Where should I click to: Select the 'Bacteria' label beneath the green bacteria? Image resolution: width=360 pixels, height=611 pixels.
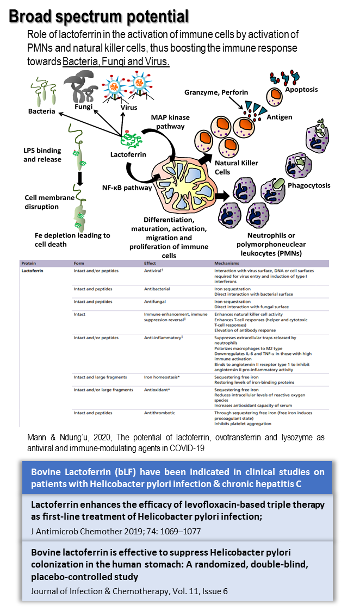[42, 111]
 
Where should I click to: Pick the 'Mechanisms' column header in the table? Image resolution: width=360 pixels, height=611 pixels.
[228, 263]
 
